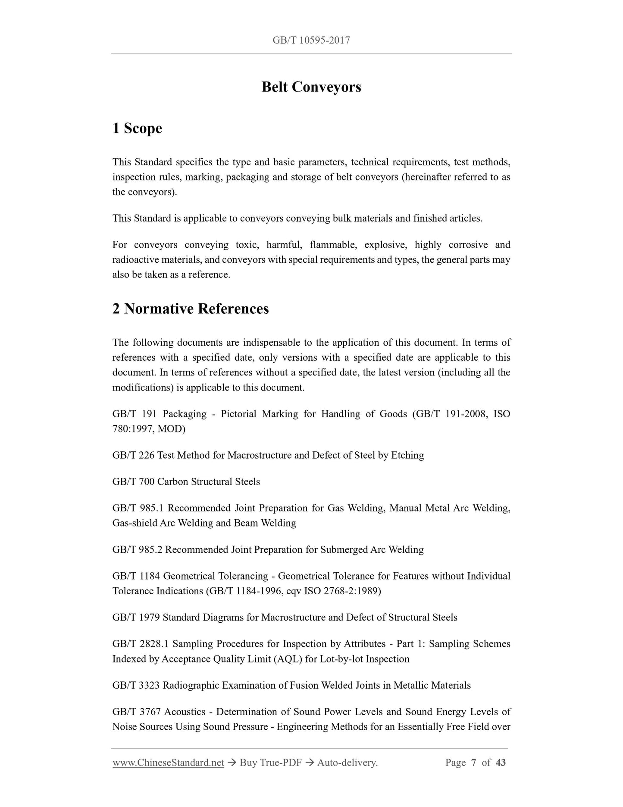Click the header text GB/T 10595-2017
[311, 41]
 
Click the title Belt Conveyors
[311, 87]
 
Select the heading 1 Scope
[137, 129]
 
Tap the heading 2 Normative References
[191, 309]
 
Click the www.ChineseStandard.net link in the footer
[168, 763]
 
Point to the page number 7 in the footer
[473, 763]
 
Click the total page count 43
[501, 763]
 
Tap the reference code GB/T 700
[133, 482]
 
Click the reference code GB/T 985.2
[137, 550]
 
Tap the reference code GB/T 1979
[136, 618]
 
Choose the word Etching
[407, 455]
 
